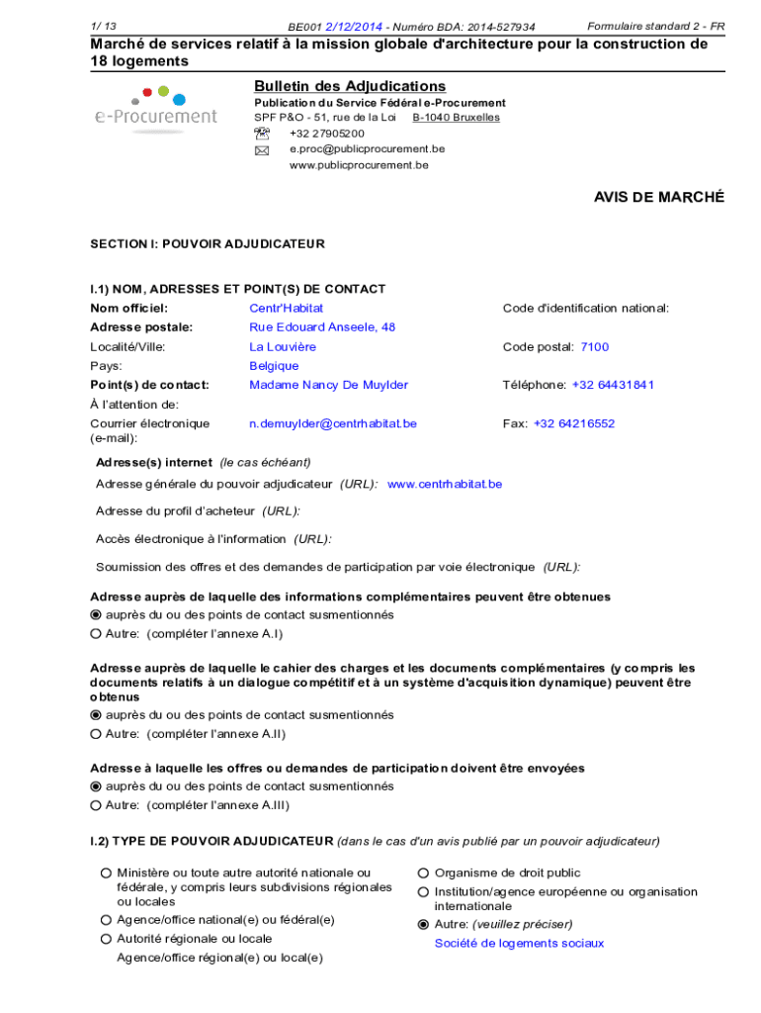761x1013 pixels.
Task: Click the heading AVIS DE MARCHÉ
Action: pos(658,197)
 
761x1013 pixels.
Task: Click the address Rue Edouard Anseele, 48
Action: pos(322,326)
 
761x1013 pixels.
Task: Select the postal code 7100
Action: pos(594,346)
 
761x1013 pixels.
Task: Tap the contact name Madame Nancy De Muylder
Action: pos(328,385)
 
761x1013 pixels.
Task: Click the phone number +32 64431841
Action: pos(613,385)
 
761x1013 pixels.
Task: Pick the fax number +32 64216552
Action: pos(574,423)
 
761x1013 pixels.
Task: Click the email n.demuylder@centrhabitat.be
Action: pos(333,423)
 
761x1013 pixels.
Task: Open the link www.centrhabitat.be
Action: pos(445,484)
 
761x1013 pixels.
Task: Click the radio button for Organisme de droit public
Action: pos(423,873)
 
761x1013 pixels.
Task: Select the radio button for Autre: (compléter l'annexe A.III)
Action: pos(96,805)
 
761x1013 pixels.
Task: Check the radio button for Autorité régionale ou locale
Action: pos(105,939)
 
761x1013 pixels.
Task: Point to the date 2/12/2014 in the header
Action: pos(355,27)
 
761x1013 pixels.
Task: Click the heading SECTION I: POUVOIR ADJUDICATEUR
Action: pos(208,243)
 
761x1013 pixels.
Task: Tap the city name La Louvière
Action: pos(283,346)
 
